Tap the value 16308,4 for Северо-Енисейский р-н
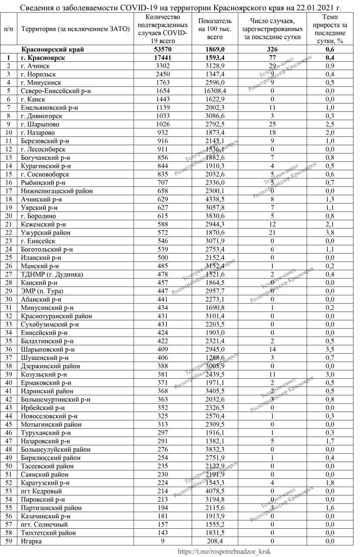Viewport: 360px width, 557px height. (x=215, y=91)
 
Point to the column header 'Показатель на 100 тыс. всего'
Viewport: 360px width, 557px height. (x=215, y=29)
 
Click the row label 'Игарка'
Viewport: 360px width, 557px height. (x=31, y=541)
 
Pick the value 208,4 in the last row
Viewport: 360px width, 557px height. (x=215, y=541)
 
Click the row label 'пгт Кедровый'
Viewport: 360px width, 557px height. (x=41, y=491)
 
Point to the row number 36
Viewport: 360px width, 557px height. (x=8, y=349)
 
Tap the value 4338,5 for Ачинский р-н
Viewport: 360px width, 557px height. (x=215, y=199)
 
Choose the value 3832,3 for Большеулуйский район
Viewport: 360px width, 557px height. (x=215, y=449)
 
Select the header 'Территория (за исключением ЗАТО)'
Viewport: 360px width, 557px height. (x=76, y=29)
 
